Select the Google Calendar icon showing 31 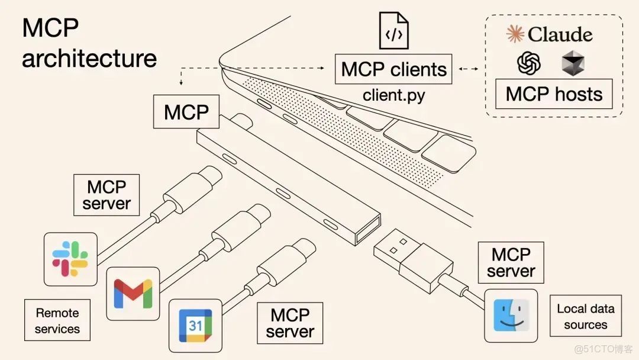pos(195,326)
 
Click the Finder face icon pos(511,316)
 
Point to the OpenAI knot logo pos(529,63)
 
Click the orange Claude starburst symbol pos(515,34)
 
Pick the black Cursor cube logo pos(573,63)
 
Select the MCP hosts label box pos(554,94)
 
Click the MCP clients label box pos(393,69)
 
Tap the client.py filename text pos(393,95)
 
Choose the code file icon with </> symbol pos(393,31)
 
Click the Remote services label pos(57,320)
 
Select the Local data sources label pos(585,316)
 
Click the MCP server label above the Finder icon pos(511,262)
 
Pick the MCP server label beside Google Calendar pos(290,323)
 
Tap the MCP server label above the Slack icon pos(106,195)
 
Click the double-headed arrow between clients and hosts pos(469,69)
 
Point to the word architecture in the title pos(89,59)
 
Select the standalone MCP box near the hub pos(186,111)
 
